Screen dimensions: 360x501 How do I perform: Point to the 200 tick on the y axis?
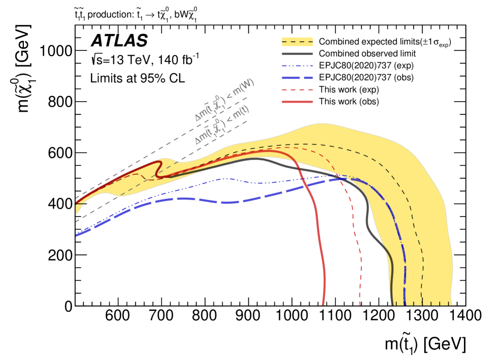62,255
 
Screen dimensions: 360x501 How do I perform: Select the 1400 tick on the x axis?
466,316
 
